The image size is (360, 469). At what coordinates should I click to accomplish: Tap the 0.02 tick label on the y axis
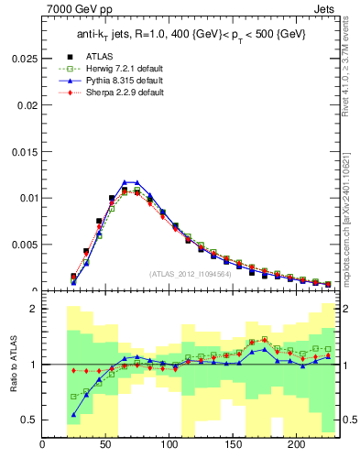pos(28,104)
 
